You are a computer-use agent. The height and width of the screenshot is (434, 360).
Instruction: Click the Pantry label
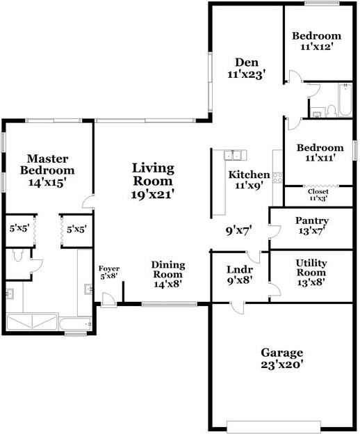[312, 221]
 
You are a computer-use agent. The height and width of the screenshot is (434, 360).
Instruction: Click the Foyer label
[108, 268]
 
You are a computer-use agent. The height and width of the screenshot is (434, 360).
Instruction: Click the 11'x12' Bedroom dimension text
[316, 47]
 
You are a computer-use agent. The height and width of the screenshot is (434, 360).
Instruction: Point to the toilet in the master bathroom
[17, 257]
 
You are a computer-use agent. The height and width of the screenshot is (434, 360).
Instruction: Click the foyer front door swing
[109, 298]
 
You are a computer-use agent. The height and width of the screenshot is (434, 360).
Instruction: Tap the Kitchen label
[249, 175]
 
